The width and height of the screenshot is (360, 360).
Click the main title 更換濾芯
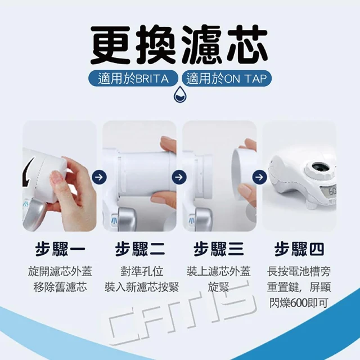(179, 45)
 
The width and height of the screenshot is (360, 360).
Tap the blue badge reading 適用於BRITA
(133, 78)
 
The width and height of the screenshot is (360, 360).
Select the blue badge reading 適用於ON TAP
(227, 78)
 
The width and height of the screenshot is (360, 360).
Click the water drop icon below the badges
(180, 94)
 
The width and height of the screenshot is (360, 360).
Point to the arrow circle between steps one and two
(99, 177)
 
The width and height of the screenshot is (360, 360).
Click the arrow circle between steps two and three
(179, 177)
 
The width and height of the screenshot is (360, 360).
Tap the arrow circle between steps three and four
(259, 177)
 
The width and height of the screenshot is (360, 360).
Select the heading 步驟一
(60, 249)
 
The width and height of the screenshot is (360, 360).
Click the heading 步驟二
(140, 249)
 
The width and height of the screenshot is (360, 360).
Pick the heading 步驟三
(219, 249)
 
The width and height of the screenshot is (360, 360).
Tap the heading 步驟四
(299, 249)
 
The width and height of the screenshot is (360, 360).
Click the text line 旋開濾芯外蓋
(60, 271)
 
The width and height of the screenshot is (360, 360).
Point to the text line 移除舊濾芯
(60, 287)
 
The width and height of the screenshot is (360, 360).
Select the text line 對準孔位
(142, 271)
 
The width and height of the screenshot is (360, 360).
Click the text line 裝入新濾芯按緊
(142, 287)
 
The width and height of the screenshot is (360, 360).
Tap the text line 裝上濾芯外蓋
(219, 271)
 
